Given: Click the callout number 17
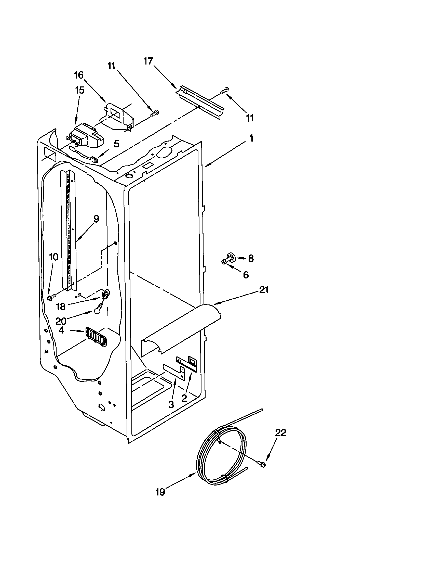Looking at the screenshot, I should [x=148, y=62].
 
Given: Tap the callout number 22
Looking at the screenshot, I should [x=280, y=433].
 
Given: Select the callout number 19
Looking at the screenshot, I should [x=160, y=492].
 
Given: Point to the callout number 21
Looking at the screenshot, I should [x=264, y=290].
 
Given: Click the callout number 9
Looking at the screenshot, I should [x=96, y=219].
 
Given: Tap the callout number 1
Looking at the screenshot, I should [x=251, y=138].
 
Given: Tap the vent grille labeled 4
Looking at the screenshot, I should [x=96, y=337].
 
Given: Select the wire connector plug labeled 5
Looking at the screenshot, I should [x=94, y=161].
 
